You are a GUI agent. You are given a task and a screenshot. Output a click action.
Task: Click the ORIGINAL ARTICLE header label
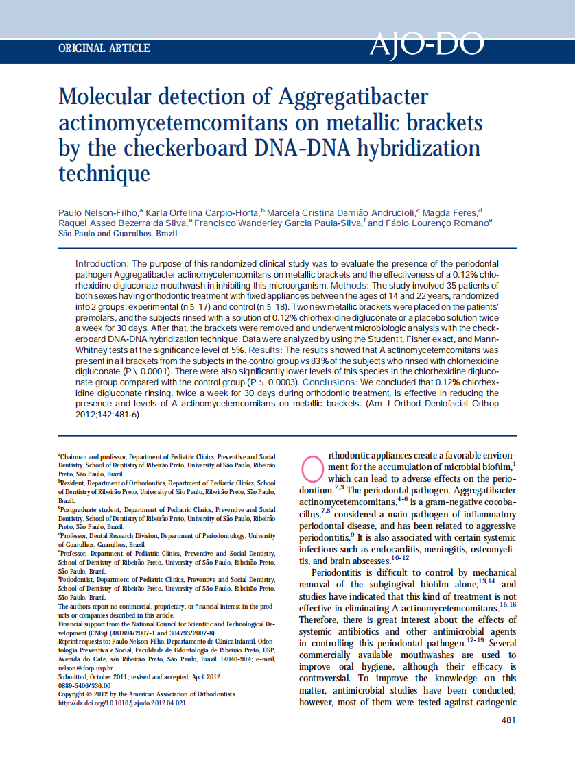[x=104, y=48]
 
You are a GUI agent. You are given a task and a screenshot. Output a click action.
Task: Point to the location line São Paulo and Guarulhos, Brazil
[x=117, y=233]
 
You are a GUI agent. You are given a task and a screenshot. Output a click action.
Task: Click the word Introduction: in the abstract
[x=102, y=264]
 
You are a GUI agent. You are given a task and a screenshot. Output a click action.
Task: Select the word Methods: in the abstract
[x=351, y=284]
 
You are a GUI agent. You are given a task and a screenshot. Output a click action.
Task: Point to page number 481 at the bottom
[x=508, y=720]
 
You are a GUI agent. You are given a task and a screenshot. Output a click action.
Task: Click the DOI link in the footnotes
[x=121, y=703]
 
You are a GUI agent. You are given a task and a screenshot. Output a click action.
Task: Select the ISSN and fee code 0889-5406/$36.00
[x=84, y=685]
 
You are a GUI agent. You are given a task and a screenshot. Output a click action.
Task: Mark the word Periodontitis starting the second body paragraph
[x=340, y=572]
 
